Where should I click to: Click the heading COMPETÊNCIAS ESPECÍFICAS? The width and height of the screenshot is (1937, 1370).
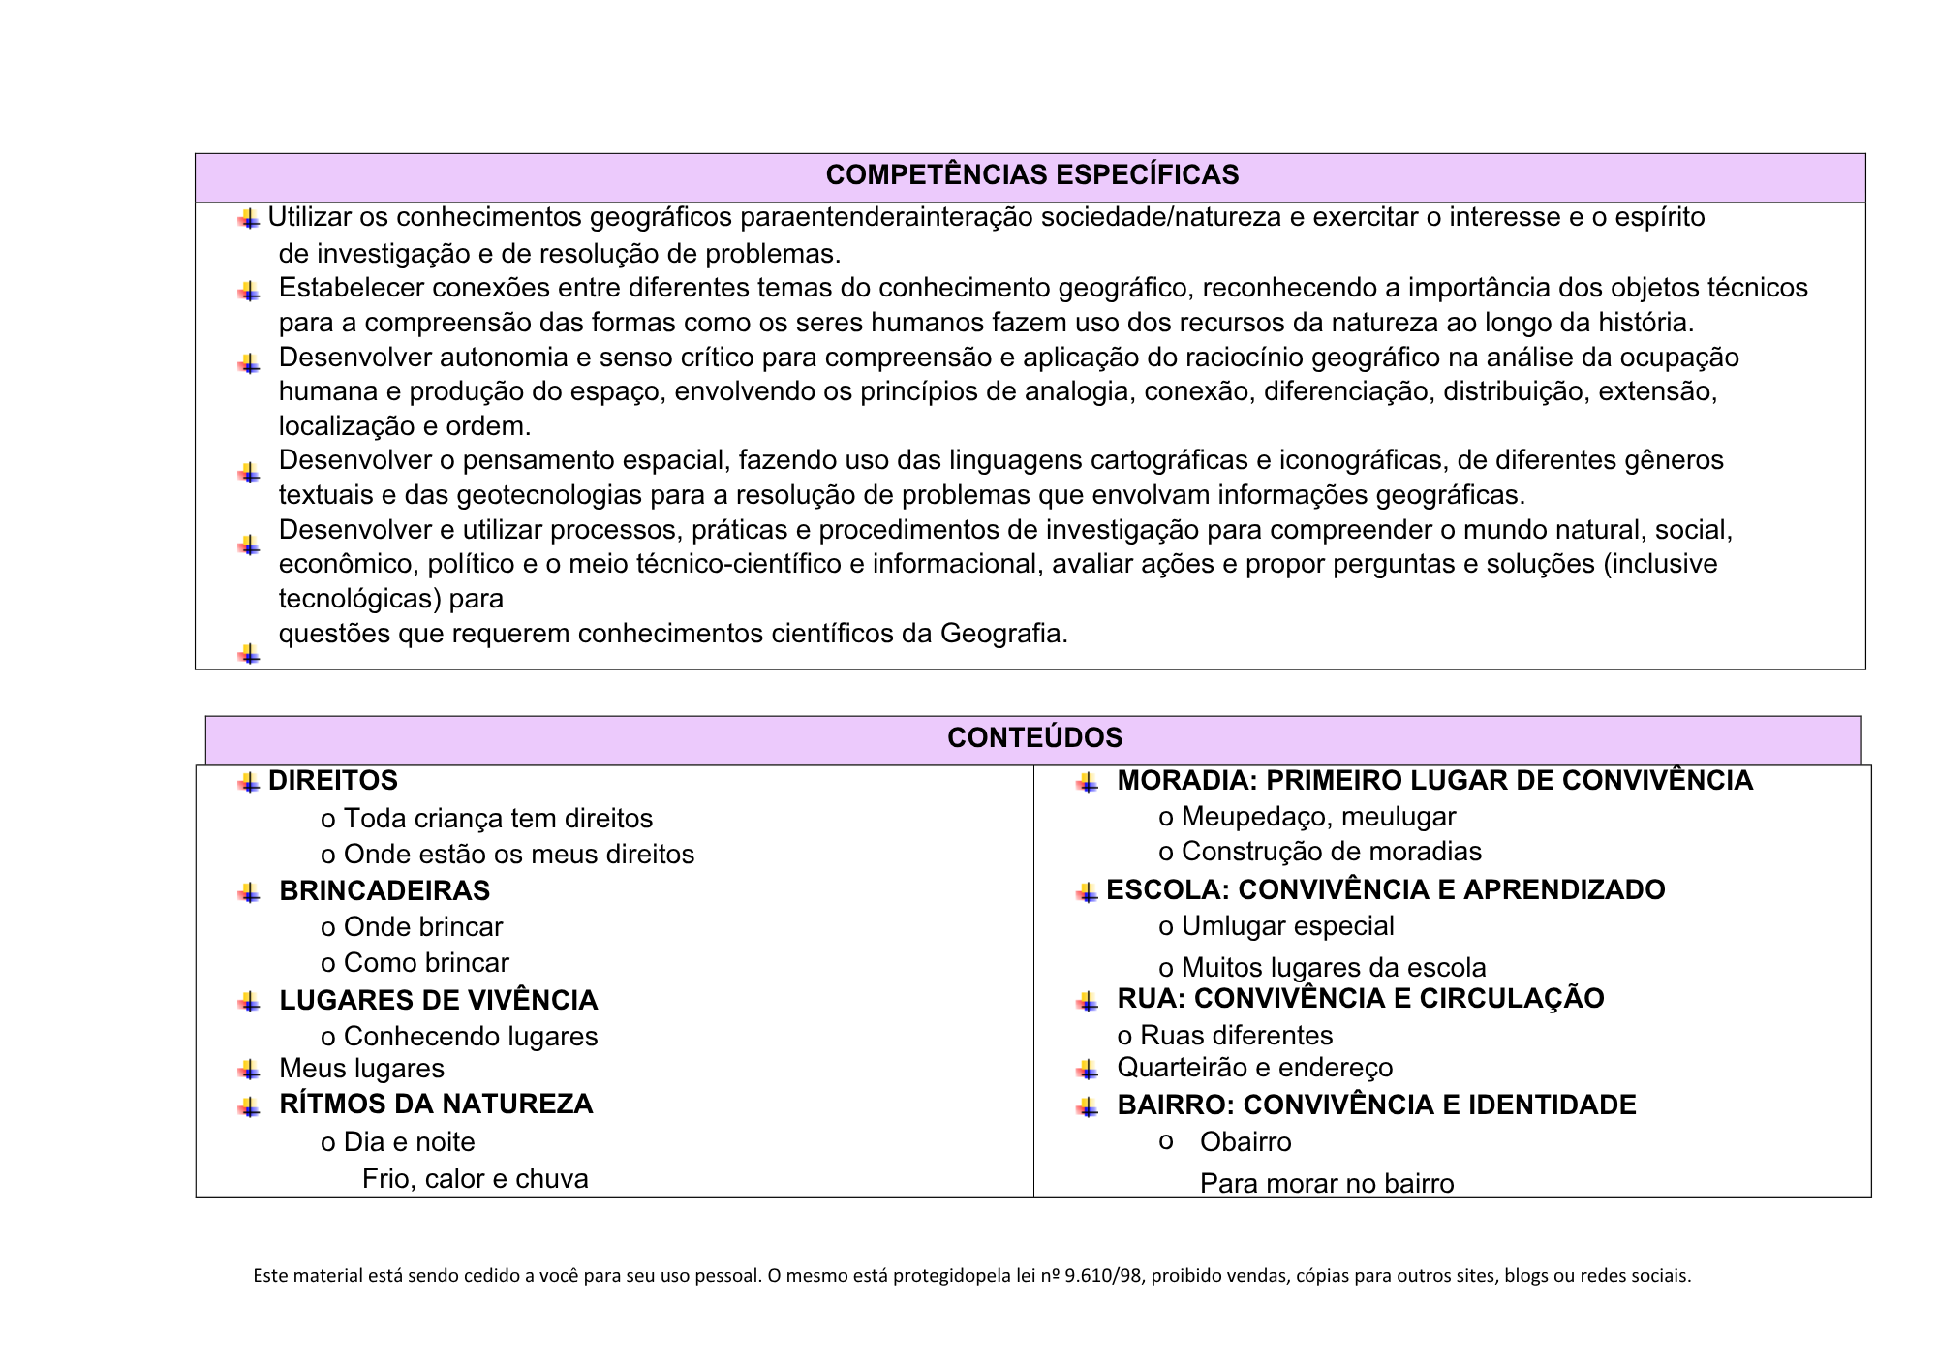coord(1031,175)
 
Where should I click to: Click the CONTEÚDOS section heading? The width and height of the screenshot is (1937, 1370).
coord(1034,738)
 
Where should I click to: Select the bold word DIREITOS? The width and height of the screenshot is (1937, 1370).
coord(333,781)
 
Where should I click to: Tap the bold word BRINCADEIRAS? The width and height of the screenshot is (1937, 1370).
coord(384,891)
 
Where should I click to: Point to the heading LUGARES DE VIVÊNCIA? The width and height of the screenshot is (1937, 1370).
coord(438,1001)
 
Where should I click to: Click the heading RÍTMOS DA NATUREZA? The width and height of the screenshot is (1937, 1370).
coord(436,1105)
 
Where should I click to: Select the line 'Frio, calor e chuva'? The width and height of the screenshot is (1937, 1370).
coord(475,1179)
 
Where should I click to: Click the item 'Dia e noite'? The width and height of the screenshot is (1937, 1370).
coord(409,1142)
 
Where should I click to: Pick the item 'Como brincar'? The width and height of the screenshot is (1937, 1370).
coord(426,963)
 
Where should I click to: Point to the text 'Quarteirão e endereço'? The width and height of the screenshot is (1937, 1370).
coord(1254,1068)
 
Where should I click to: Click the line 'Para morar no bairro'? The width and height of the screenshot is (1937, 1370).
coord(1327,1184)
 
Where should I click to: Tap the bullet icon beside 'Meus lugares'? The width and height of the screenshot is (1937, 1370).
coord(249,1071)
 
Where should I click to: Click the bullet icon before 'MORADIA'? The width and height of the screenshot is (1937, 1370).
coord(1087,783)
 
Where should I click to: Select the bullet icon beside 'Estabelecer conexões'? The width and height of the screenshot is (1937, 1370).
coord(249,292)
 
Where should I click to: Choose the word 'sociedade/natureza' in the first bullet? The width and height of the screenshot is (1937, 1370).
coord(1161,217)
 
